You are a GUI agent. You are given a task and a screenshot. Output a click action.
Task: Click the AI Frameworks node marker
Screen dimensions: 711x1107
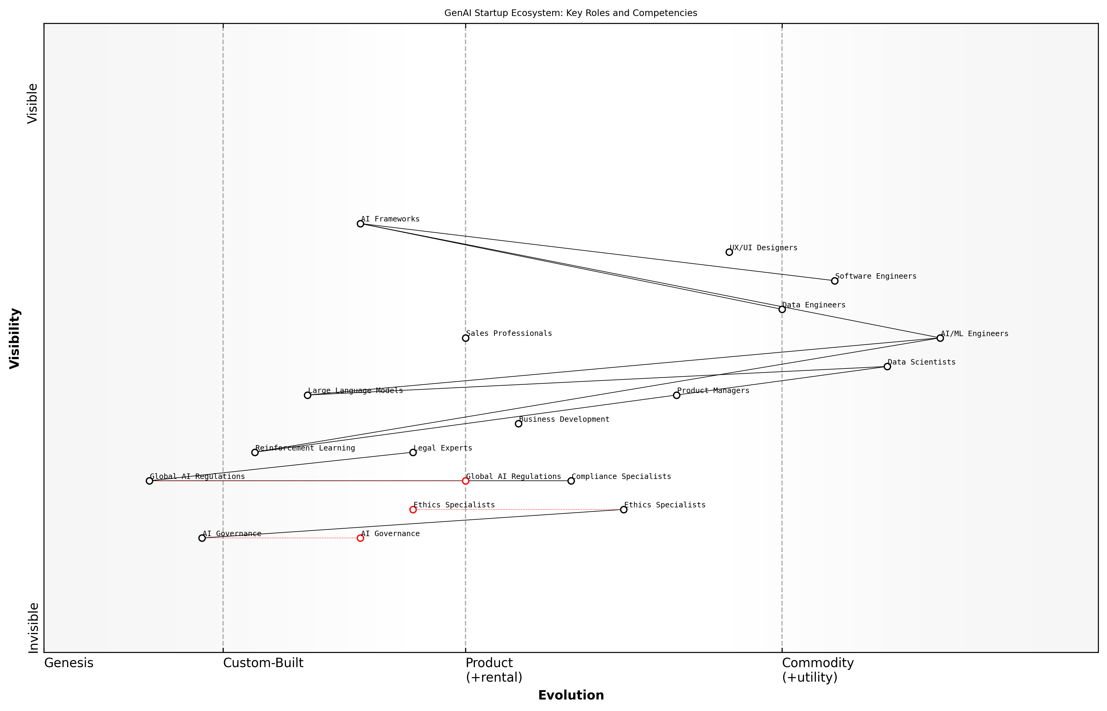click(x=360, y=224)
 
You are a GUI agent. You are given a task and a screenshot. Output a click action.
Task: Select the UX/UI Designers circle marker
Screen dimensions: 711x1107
click(x=729, y=252)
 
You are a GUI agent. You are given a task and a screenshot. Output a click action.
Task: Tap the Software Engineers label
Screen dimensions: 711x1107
click(x=875, y=276)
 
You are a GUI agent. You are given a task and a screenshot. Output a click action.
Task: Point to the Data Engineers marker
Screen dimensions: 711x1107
click(x=782, y=309)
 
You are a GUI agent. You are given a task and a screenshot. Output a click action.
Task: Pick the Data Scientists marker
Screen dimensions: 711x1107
click(x=887, y=367)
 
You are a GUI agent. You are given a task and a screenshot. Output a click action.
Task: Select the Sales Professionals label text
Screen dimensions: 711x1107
click(x=509, y=333)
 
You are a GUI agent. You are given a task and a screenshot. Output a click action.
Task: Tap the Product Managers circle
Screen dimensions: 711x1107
click(x=677, y=395)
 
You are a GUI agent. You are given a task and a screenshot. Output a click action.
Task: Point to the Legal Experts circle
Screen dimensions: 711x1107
click(x=413, y=452)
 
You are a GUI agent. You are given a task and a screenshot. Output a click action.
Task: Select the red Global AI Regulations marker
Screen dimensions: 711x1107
click(x=466, y=481)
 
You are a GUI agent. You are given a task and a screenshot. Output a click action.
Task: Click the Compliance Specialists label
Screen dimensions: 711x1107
click(x=621, y=477)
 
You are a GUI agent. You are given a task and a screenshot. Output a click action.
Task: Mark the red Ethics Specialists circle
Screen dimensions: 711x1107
click(x=413, y=510)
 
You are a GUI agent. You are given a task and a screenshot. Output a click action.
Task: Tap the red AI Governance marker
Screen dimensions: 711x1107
click(x=360, y=538)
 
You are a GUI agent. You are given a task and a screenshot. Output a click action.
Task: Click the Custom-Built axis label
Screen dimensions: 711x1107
click(x=263, y=663)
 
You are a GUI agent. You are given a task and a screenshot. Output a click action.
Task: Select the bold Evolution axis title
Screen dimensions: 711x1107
click(x=570, y=695)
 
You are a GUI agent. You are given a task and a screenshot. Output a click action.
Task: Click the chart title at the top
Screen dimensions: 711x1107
click(x=570, y=13)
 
